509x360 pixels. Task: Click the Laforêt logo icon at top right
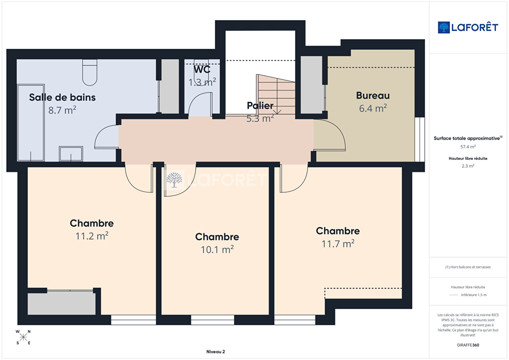click(x=444, y=27)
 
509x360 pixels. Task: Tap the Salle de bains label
click(x=62, y=97)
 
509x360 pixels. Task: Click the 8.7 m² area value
click(x=62, y=110)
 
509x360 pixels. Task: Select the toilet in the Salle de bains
click(x=90, y=72)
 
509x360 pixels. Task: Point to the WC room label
click(x=202, y=69)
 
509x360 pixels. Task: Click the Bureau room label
click(x=373, y=95)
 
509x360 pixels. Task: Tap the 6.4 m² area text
click(x=373, y=108)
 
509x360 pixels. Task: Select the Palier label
click(x=260, y=105)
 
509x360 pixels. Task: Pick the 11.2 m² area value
click(x=92, y=236)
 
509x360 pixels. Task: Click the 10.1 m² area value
click(x=217, y=250)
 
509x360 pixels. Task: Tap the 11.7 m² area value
click(x=338, y=244)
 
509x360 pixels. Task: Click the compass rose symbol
click(x=23, y=337)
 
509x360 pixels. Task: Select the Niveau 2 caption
click(x=215, y=352)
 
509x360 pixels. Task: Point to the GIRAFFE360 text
click(x=468, y=345)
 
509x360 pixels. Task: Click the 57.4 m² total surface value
click(x=468, y=146)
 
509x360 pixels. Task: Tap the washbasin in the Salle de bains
click(x=71, y=154)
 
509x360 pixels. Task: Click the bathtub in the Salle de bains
click(x=31, y=123)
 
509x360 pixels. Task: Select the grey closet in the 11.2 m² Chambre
click(x=61, y=303)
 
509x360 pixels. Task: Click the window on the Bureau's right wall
click(x=420, y=139)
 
